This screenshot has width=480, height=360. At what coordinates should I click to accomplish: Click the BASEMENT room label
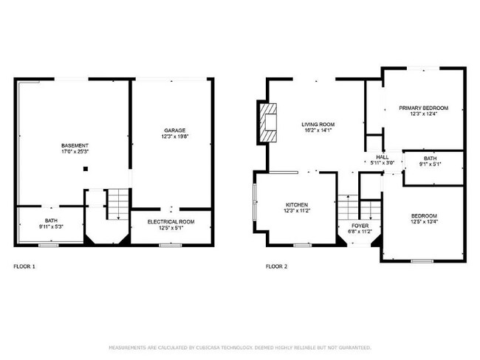(x=75, y=145)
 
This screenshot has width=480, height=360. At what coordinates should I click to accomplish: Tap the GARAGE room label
(x=174, y=130)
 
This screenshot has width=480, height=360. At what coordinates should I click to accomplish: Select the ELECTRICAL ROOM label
(x=171, y=221)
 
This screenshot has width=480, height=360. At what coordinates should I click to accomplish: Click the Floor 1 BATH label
(x=51, y=221)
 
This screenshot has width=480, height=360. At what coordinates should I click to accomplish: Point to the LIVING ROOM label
(x=318, y=124)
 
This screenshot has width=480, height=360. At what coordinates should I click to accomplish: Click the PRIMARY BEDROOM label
(x=423, y=108)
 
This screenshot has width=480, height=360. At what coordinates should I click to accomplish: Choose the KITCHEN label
(x=297, y=204)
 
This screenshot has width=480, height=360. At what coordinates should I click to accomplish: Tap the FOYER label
(x=360, y=226)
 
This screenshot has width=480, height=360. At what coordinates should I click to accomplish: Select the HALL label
(x=382, y=157)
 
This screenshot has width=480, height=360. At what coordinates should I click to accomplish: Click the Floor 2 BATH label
(x=430, y=158)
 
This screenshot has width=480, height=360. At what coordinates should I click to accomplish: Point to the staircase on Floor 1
(x=117, y=204)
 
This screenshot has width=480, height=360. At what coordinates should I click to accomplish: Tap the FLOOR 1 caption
(x=25, y=266)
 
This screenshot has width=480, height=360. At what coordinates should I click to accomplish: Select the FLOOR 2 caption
(x=276, y=266)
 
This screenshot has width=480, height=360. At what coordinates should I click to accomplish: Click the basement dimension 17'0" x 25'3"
(x=75, y=151)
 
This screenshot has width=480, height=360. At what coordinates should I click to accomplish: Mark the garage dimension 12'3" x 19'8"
(x=174, y=136)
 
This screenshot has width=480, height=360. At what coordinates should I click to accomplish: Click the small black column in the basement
(x=85, y=169)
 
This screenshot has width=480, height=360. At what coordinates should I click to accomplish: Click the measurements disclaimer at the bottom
(x=240, y=347)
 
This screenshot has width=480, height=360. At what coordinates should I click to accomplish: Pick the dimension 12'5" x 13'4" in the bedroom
(x=424, y=221)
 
